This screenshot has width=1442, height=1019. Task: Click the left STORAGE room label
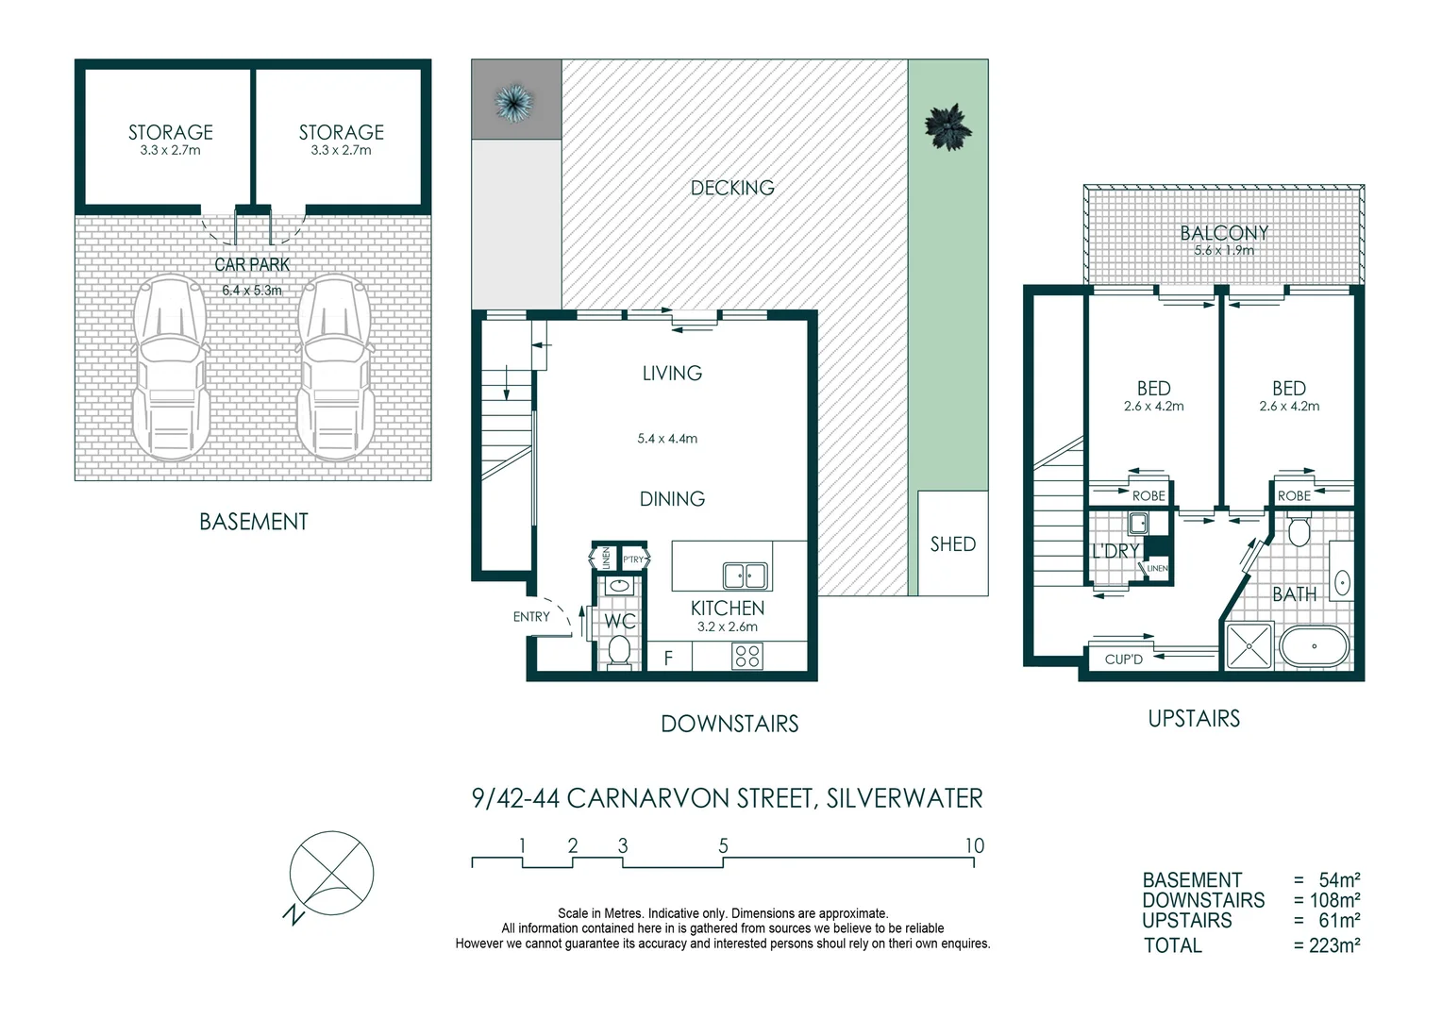pos(171,133)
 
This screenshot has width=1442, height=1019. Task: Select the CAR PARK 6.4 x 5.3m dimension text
pos(252,291)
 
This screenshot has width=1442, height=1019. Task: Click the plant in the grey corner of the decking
pos(514,100)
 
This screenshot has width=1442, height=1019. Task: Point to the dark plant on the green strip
pos(947,127)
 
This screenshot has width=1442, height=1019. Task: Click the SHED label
pos(952,544)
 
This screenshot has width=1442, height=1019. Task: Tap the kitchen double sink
pos(745,576)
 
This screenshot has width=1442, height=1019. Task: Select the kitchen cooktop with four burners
pos(746,656)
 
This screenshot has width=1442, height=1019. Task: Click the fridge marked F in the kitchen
pos(668,658)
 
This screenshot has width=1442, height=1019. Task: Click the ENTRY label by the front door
pos(531,617)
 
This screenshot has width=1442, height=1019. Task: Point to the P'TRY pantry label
pos(632,560)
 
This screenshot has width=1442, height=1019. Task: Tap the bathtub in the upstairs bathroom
pos(1314,647)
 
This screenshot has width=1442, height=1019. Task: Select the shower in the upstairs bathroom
pos(1249,646)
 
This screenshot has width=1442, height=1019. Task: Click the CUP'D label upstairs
pos(1123,660)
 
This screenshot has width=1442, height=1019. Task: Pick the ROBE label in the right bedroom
pos(1293,496)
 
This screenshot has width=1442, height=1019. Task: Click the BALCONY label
pos(1224,233)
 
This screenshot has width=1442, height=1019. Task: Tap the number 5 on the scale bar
pos(723,845)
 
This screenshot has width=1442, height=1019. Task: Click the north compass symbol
pos(330,875)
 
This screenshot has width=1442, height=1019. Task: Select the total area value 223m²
pos(1333,945)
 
